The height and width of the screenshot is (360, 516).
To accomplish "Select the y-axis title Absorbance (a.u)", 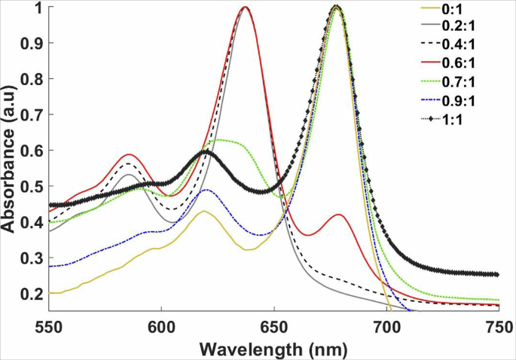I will (9, 158).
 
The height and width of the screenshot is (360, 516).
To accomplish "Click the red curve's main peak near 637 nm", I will (245, 8).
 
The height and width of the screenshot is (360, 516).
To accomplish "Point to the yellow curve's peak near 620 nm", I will (203, 211).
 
